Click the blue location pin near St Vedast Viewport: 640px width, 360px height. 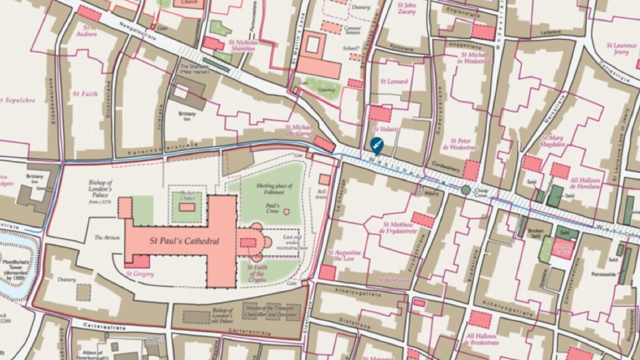[376, 145]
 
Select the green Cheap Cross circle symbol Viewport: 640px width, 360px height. [466, 191]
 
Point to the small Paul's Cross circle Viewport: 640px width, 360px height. [286, 212]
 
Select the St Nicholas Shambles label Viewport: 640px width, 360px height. [242, 45]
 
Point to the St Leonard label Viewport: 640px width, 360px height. [393, 81]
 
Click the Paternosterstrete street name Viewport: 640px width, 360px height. [155, 151]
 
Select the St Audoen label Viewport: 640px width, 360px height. [86, 31]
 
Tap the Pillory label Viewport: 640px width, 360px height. [433, 194]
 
